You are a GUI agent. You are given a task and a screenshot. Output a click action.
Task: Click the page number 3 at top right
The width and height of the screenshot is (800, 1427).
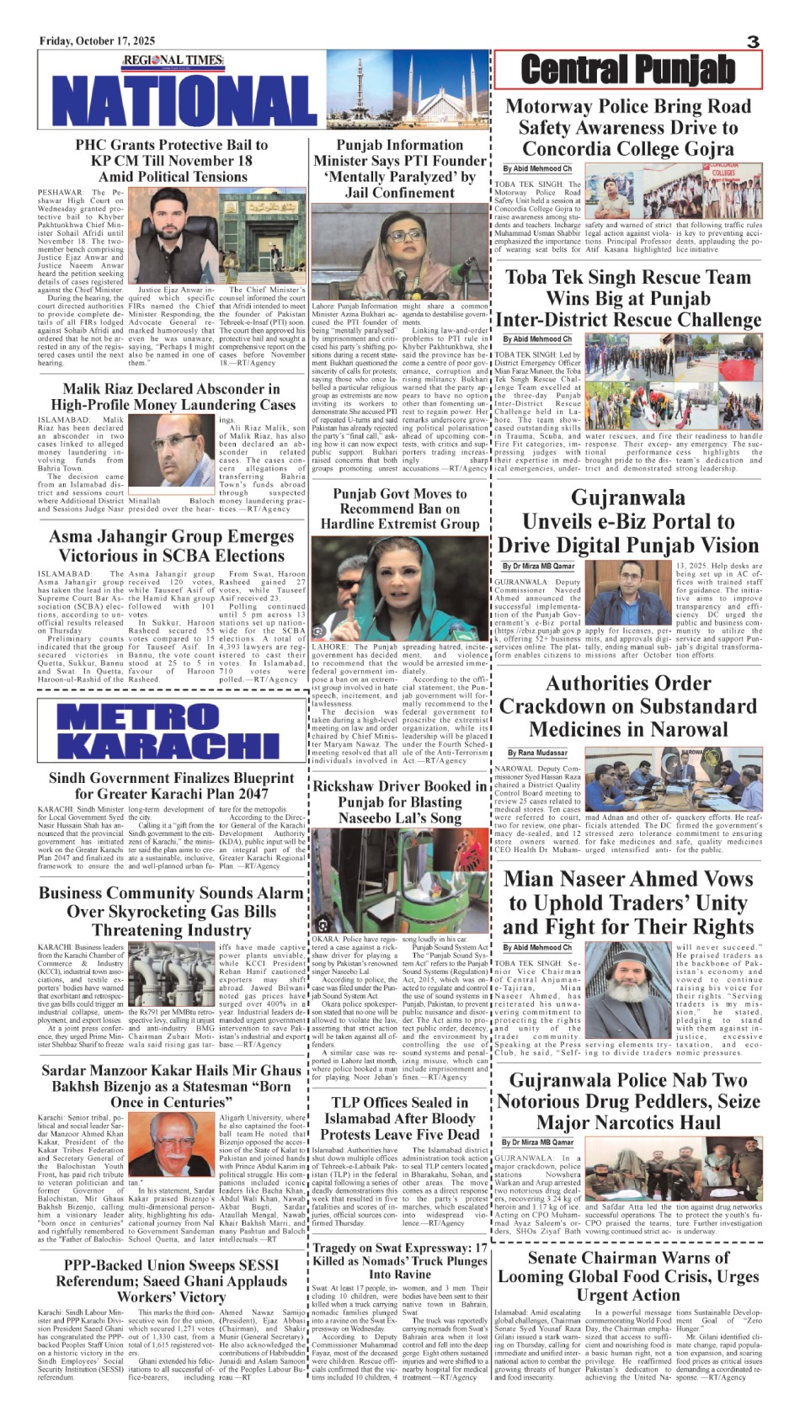click(753, 42)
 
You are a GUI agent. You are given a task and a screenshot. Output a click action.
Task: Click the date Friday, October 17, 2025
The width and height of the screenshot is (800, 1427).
click(97, 41)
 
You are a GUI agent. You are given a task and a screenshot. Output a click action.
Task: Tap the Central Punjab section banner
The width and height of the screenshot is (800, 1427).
click(628, 69)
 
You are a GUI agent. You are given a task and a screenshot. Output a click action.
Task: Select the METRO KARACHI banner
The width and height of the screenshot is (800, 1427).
click(171, 731)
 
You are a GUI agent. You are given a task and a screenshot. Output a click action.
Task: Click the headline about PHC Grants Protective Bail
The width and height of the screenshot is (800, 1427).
click(172, 161)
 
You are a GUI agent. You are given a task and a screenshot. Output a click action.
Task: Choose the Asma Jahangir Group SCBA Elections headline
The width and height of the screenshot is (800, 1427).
click(172, 546)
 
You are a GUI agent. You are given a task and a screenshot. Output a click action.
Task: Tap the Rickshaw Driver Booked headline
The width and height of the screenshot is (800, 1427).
click(400, 801)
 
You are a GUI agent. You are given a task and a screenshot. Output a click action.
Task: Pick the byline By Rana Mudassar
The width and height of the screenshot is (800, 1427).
click(537, 753)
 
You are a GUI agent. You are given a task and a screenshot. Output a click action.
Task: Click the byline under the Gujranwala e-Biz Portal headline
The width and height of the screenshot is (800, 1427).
click(539, 567)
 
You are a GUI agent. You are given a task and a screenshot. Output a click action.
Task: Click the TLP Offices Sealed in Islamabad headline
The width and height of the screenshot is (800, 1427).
click(400, 1118)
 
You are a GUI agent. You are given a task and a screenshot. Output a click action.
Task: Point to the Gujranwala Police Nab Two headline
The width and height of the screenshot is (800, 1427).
click(628, 1101)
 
